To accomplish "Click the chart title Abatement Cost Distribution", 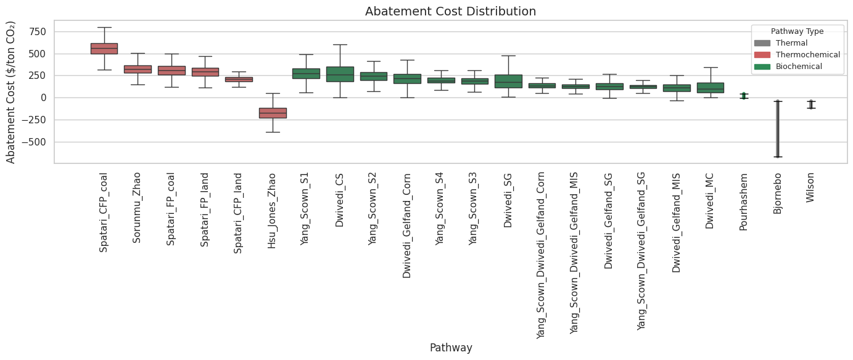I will (x=450, y=11).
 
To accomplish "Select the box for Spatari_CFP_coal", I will (x=104, y=49).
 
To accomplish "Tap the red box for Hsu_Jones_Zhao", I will (x=272, y=113).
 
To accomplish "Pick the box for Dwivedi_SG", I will (x=508, y=81).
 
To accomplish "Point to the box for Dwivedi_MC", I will (x=710, y=88).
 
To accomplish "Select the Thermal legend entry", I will (x=791, y=43).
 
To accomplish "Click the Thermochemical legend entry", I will (x=807, y=55).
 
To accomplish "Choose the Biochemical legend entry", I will (x=799, y=67).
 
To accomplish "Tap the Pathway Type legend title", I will (x=797, y=31).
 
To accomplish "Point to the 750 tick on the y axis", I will (x=37, y=32).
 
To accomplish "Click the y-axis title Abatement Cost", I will (x=11, y=92).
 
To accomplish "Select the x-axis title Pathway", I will (x=450, y=348).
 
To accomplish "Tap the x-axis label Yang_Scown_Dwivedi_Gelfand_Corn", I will (x=541, y=253).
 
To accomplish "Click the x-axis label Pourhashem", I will (x=743, y=201).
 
